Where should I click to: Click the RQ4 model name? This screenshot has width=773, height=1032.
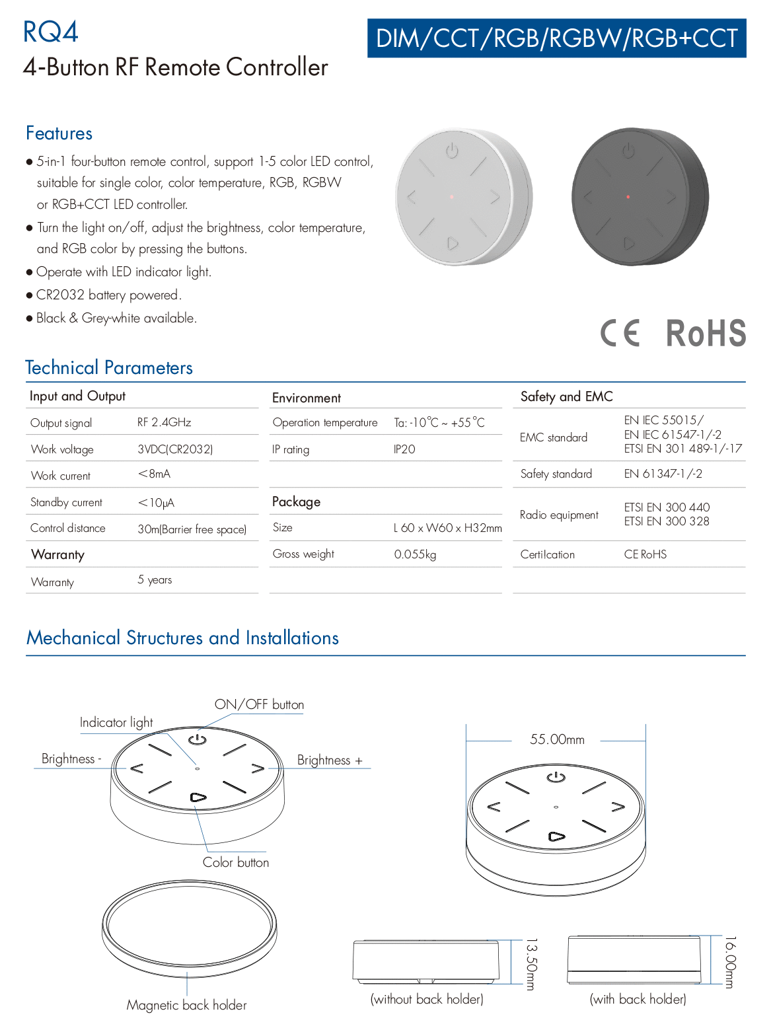click(50, 32)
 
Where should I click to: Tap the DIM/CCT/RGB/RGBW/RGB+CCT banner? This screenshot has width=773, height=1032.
click(556, 38)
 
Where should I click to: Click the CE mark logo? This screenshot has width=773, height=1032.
click(620, 333)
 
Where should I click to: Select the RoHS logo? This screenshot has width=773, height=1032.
click(706, 333)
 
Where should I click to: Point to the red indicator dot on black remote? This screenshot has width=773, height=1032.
click(628, 197)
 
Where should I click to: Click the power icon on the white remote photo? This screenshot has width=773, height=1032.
click(452, 151)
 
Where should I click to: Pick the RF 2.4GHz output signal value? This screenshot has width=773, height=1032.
click(164, 422)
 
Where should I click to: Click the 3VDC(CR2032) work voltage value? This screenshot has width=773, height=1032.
click(175, 449)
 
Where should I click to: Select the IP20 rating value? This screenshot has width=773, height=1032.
click(404, 449)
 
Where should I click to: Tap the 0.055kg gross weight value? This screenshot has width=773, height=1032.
click(415, 554)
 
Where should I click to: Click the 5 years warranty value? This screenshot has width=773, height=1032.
click(155, 580)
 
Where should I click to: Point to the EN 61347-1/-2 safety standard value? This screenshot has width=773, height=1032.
click(663, 474)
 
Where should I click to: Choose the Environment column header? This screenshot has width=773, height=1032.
click(307, 398)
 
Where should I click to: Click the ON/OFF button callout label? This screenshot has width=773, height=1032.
click(259, 704)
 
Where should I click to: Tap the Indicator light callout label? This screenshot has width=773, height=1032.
click(116, 723)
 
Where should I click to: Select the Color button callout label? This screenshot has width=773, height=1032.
click(236, 862)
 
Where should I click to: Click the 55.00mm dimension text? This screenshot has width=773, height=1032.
click(557, 739)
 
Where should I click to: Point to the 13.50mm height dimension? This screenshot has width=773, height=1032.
click(531, 964)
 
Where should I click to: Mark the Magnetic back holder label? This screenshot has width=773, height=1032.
click(186, 1005)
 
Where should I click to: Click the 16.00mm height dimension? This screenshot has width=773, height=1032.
click(730, 962)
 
